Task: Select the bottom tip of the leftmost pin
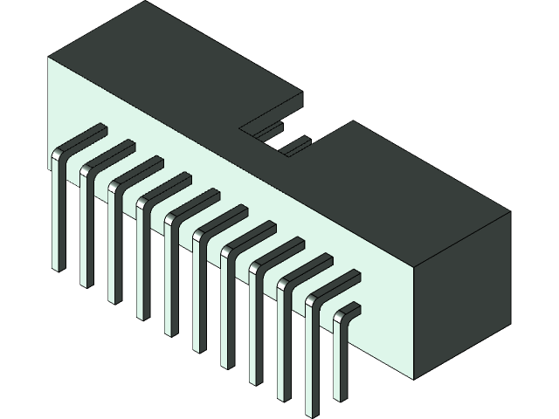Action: click(59, 265)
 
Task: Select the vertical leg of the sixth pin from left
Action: click(199, 297)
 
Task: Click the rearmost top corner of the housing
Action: click(142, 3)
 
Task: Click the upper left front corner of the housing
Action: click(49, 58)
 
